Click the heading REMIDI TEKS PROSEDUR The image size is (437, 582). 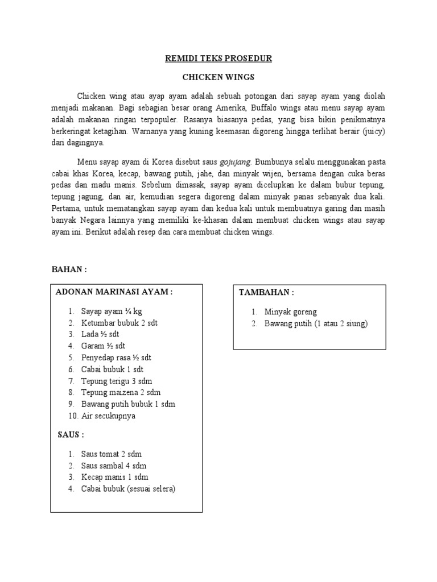[x=218, y=59]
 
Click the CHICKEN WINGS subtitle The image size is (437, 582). [x=218, y=77]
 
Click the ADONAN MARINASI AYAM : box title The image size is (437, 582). [x=113, y=292]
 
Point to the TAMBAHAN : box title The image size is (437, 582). [x=266, y=293]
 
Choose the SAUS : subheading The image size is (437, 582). [x=71, y=435]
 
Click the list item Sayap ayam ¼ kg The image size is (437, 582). [x=112, y=311]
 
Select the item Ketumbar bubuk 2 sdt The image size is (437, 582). [x=119, y=323]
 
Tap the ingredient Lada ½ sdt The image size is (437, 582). [x=100, y=334]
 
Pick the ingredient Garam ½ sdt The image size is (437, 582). [x=104, y=346]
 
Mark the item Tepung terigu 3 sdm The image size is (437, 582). [x=117, y=381]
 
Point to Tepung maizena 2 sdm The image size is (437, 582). [x=120, y=393]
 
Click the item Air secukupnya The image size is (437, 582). [x=108, y=416]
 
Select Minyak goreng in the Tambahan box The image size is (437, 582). [x=290, y=312]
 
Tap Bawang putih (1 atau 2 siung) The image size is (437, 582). [x=316, y=324]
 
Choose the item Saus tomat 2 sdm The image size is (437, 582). [x=112, y=454]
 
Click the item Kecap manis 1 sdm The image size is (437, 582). [x=114, y=477]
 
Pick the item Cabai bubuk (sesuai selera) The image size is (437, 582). [x=128, y=489]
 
